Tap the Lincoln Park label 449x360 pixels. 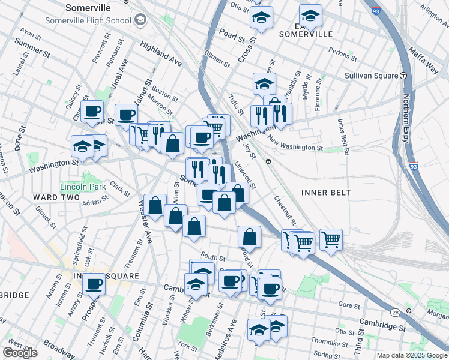tap(82, 187)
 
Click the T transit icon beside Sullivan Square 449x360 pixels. tap(404, 76)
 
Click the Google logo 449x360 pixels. tap(20, 353)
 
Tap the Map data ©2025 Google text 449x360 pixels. tap(412, 355)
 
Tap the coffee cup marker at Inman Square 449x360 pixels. tap(93, 284)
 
